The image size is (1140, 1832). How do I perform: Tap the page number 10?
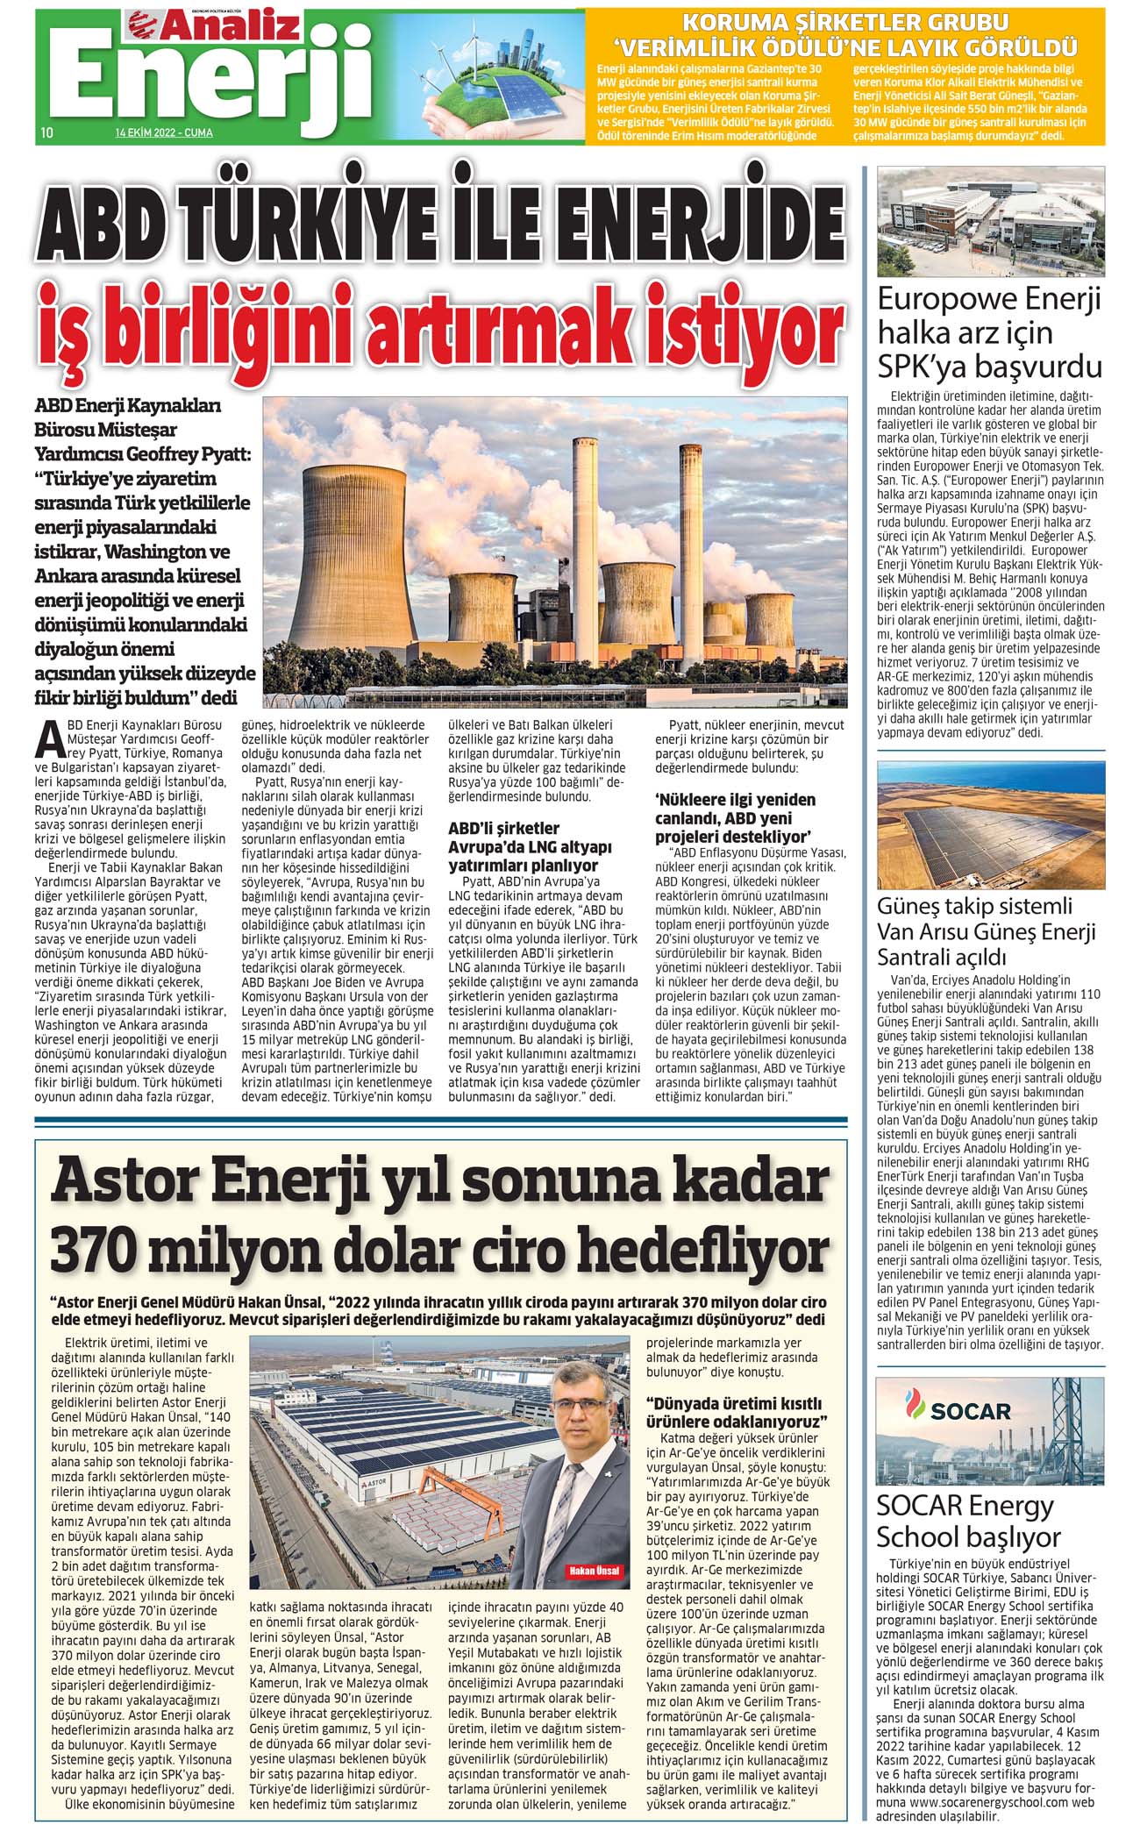[x=47, y=133]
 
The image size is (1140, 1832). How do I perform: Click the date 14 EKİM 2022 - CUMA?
[x=163, y=133]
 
